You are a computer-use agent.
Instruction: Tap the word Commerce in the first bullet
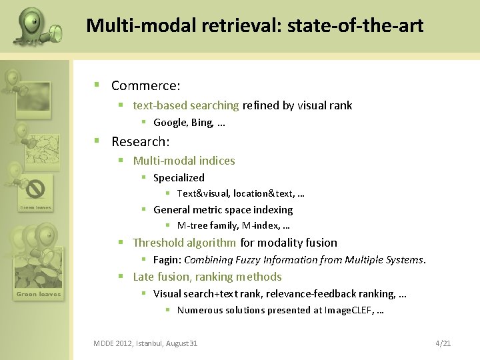(145, 86)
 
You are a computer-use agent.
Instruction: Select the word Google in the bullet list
(170, 122)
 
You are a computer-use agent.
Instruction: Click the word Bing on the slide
(201, 122)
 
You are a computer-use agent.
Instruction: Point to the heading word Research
(139, 141)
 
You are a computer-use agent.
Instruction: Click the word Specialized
(179, 178)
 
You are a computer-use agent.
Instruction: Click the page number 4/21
(443, 343)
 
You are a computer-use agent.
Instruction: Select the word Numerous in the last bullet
(200, 310)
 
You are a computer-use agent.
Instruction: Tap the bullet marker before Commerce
(97, 85)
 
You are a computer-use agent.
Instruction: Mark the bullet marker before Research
(97, 141)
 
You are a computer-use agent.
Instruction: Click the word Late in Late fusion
(144, 277)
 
